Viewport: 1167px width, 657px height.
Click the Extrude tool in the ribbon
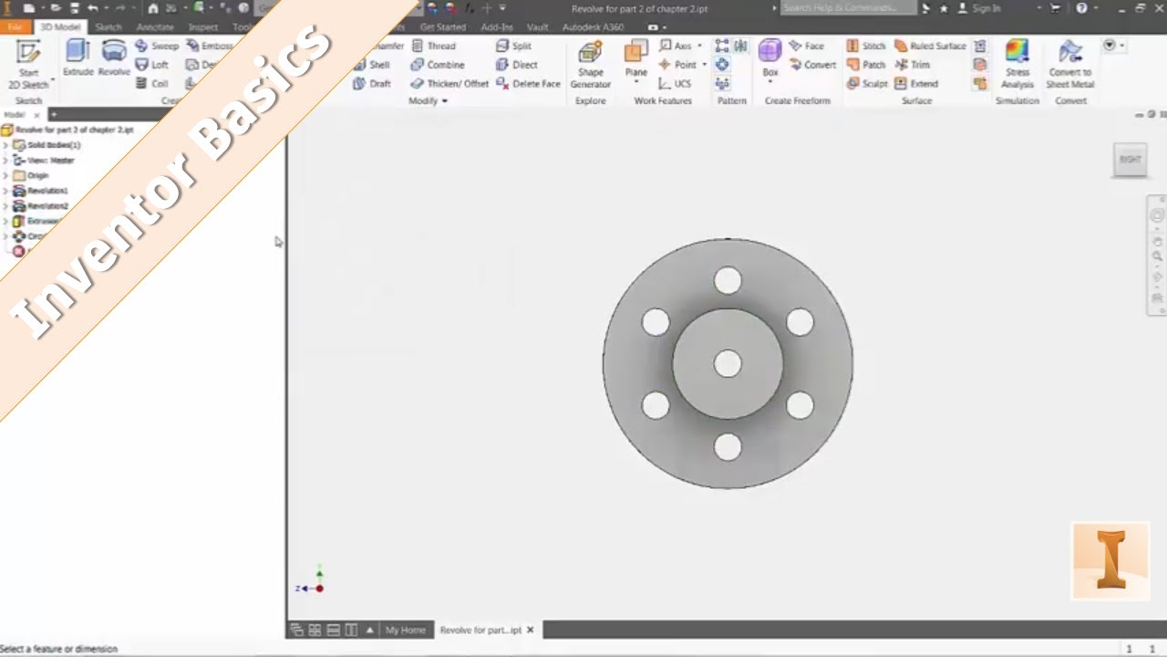pyautogui.click(x=77, y=57)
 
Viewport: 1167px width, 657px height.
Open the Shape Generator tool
pyautogui.click(x=590, y=63)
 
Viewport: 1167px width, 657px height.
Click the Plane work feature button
pyautogui.click(x=635, y=59)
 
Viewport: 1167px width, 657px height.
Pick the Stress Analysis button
pyautogui.click(x=1017, y=63)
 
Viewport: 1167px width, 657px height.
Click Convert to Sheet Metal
pyautogui.click(x=1070, y=63)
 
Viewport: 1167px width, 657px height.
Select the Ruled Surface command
pyautogui.click(x=930, y=46)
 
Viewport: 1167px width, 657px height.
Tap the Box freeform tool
pyautogui.click(x=770, y=57)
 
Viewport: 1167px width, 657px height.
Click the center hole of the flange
pyautogui.click(x=728, y=363)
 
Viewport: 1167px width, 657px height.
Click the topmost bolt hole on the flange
pyautogui.click(x=728, y=280)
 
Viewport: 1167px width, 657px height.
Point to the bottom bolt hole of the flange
pyautogui.click(x=728, y=447)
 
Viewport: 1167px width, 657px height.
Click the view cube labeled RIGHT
pyautogui.click(x=1130, y=160)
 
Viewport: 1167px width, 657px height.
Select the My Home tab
pyautogui.click(x=405, y=630)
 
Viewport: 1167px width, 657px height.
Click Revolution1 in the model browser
pyautogui.click(x=46, y=191)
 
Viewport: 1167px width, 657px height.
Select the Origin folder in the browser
pyautogui.click(x=36, y=175)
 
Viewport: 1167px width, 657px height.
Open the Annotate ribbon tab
pyautogui.click(x=155, y=27)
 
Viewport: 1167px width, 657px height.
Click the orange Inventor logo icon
pyautogui.click(x=1110, y=561)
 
